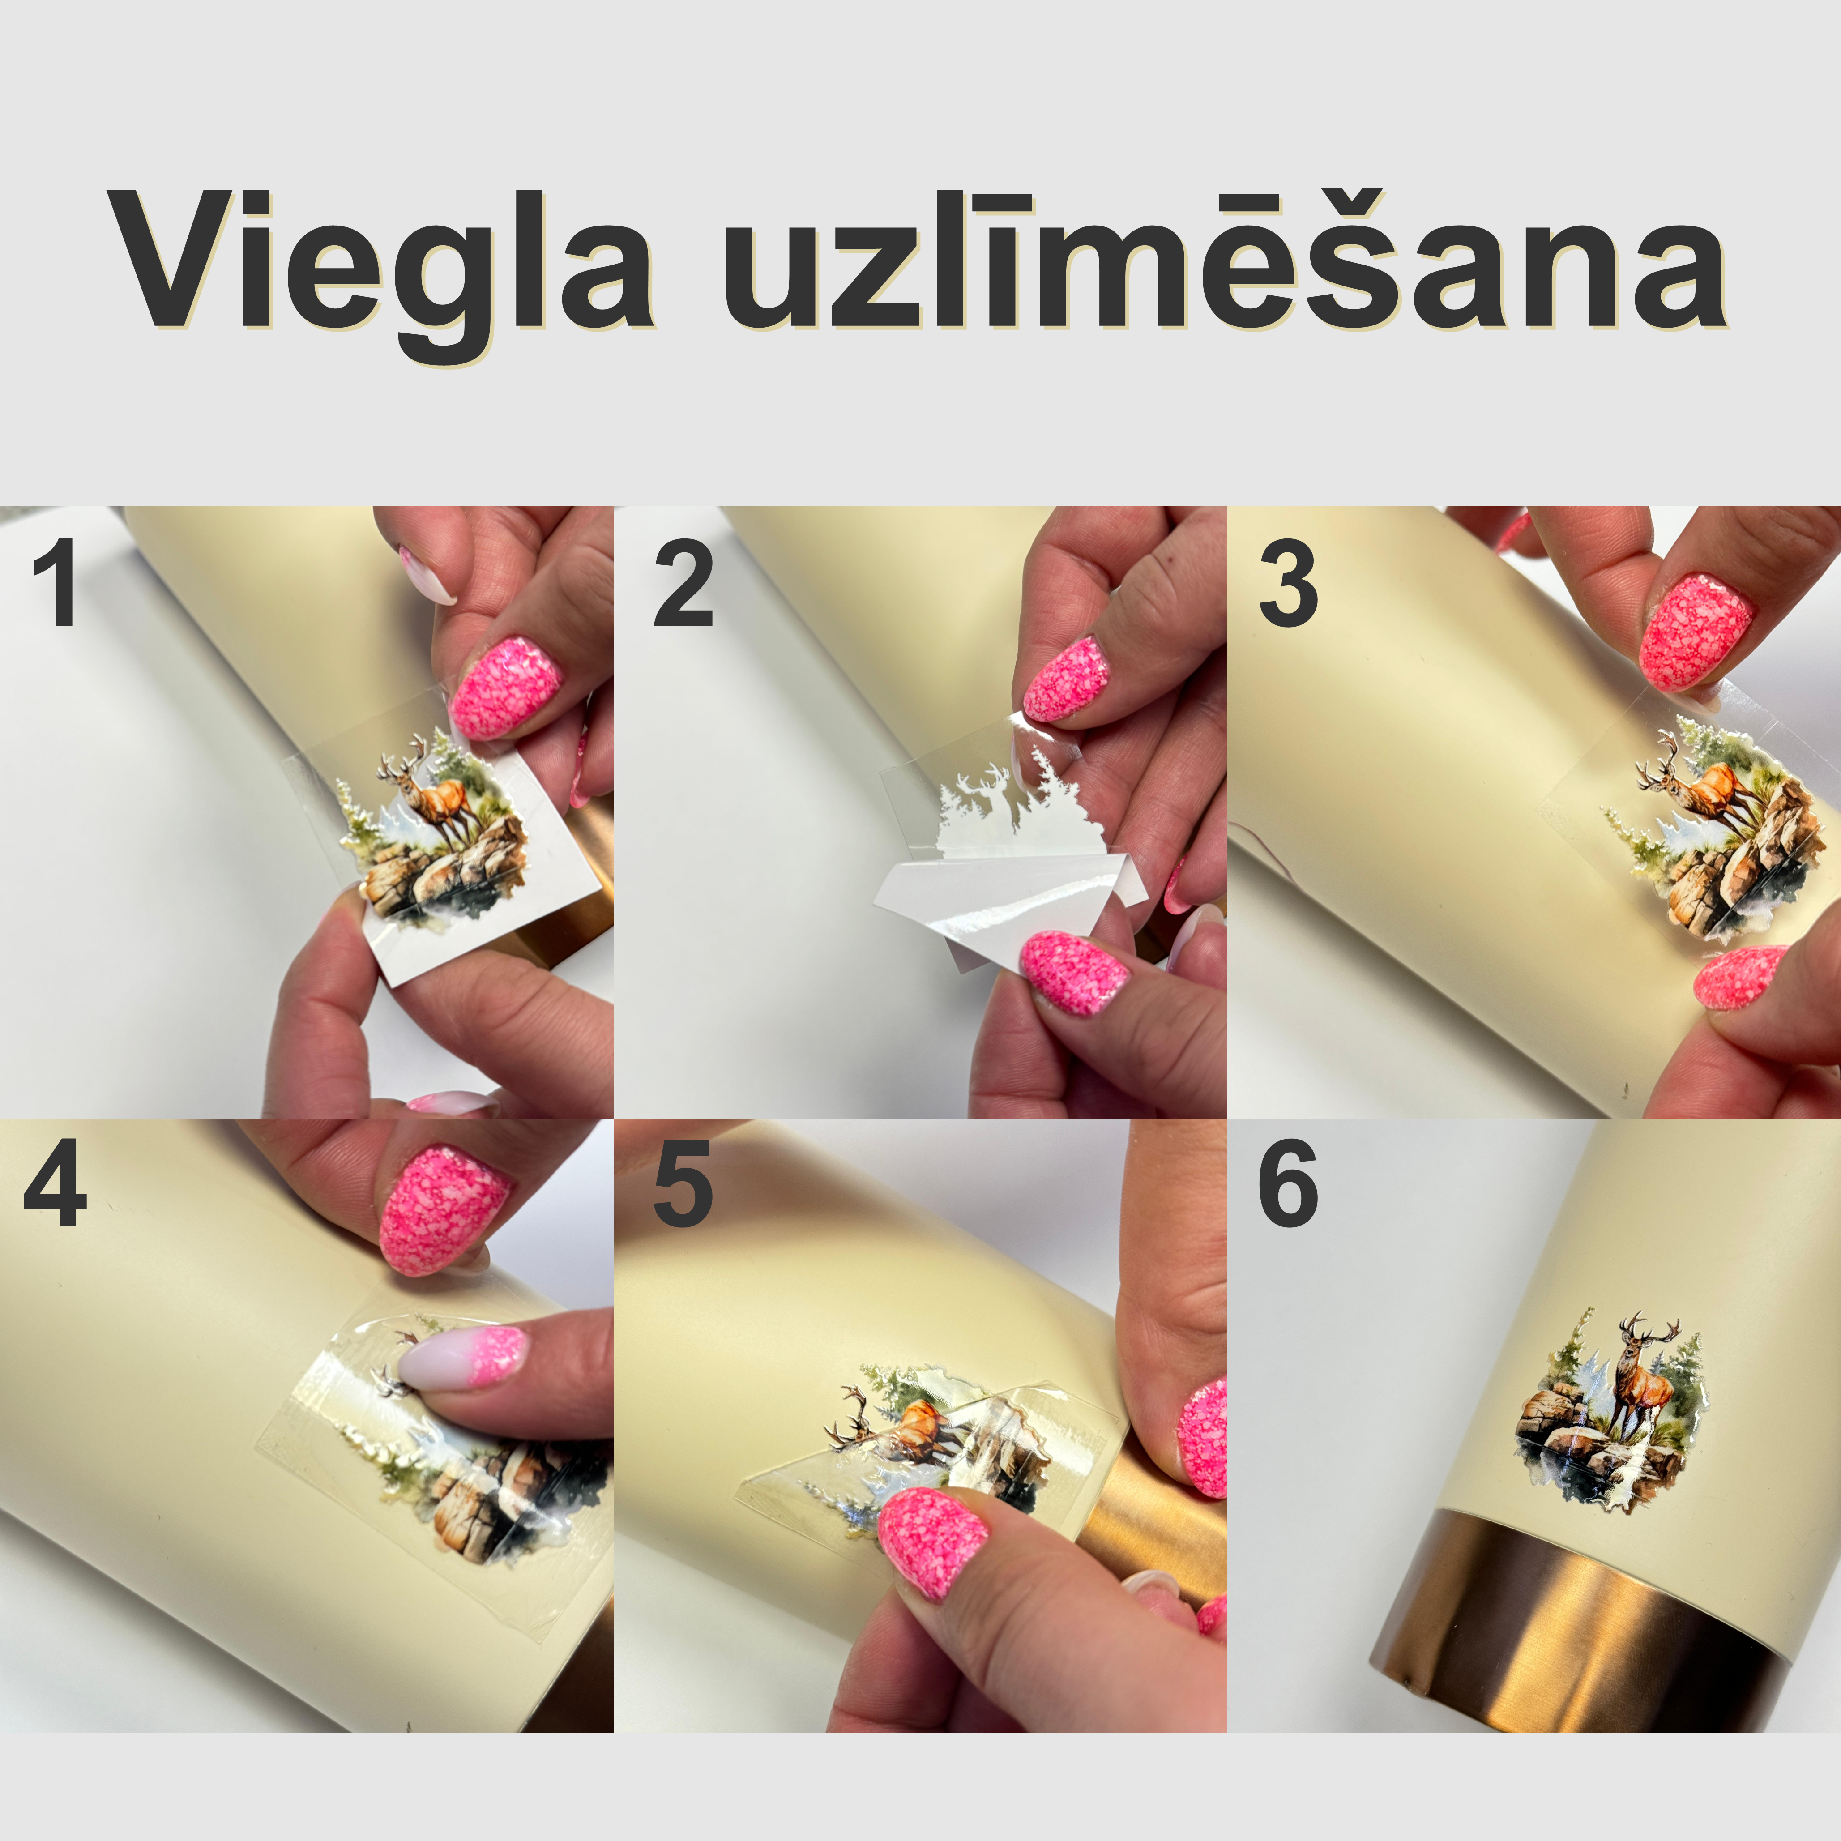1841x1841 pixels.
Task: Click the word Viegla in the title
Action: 381,262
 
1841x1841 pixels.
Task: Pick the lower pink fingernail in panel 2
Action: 1072,972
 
